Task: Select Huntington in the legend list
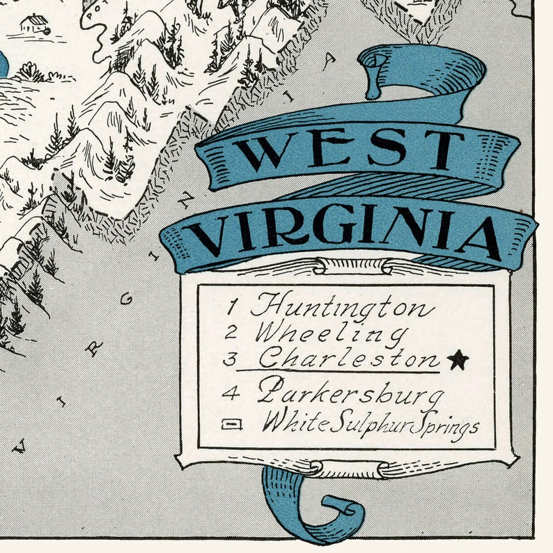341,306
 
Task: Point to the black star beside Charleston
458,359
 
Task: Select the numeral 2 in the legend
231,332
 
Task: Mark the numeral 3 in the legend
231,359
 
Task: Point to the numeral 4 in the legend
231,394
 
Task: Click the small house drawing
34,24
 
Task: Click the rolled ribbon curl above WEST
377,70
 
